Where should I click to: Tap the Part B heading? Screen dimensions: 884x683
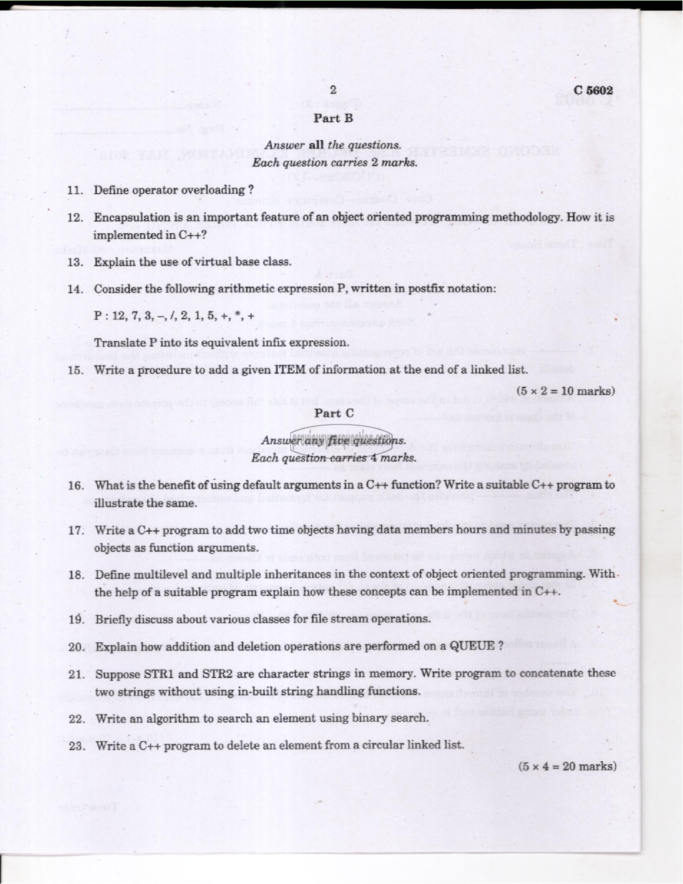[x=333, y=118]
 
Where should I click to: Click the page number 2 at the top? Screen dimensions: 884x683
[x=333, y=90]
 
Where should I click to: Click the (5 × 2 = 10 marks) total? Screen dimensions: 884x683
[x=565, y=391]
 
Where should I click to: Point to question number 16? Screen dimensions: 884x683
[x=76, y=486]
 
